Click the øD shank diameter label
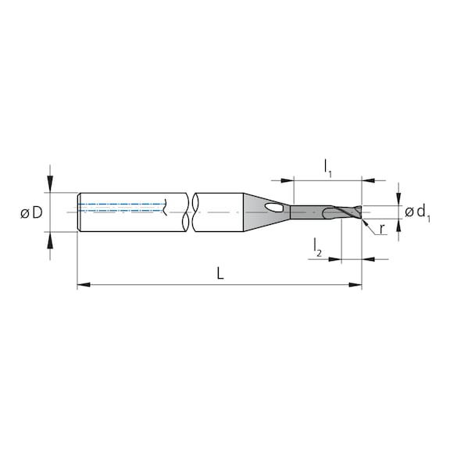[31, 212]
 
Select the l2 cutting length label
[318, 248]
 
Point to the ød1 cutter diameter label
[418, 212]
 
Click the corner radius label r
[382, 229]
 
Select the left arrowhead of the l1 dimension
[298, 180]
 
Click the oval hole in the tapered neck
[274, 208]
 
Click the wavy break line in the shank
[190, 212]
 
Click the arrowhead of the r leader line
[366, 221]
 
